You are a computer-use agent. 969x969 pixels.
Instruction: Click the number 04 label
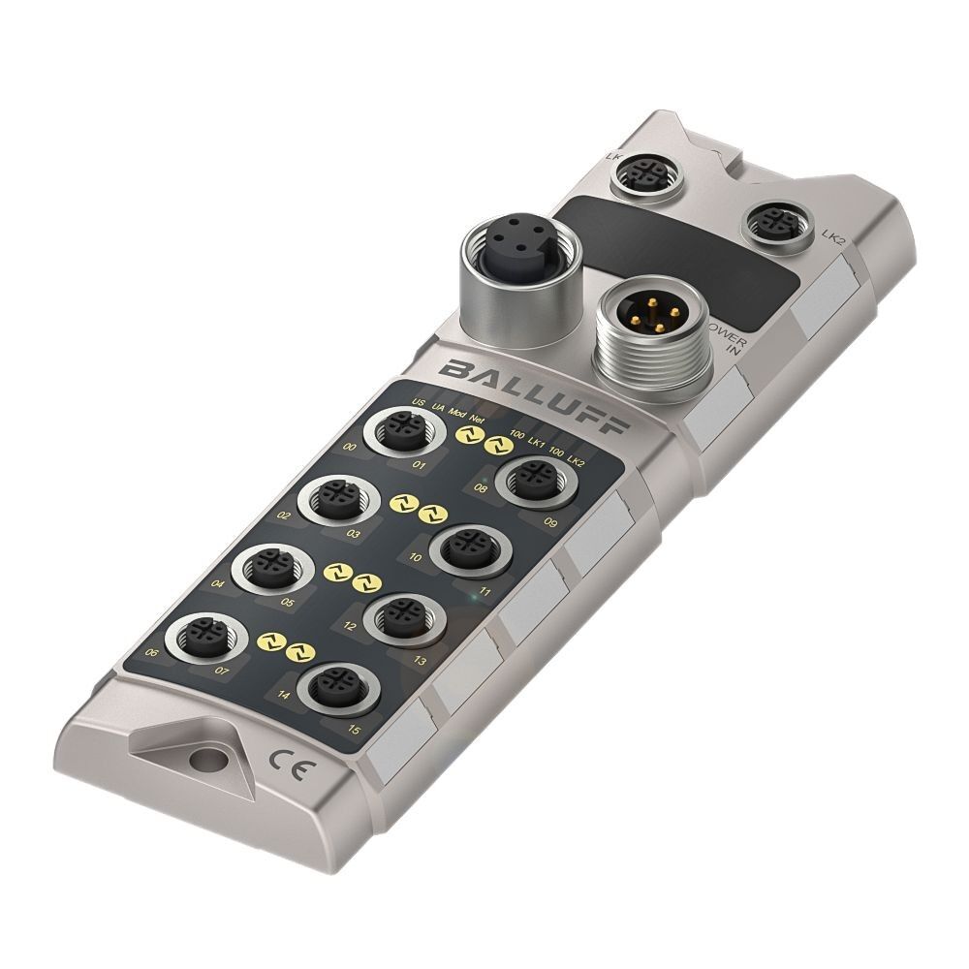point(217,585)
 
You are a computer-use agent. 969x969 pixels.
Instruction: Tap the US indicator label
point(418,403)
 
